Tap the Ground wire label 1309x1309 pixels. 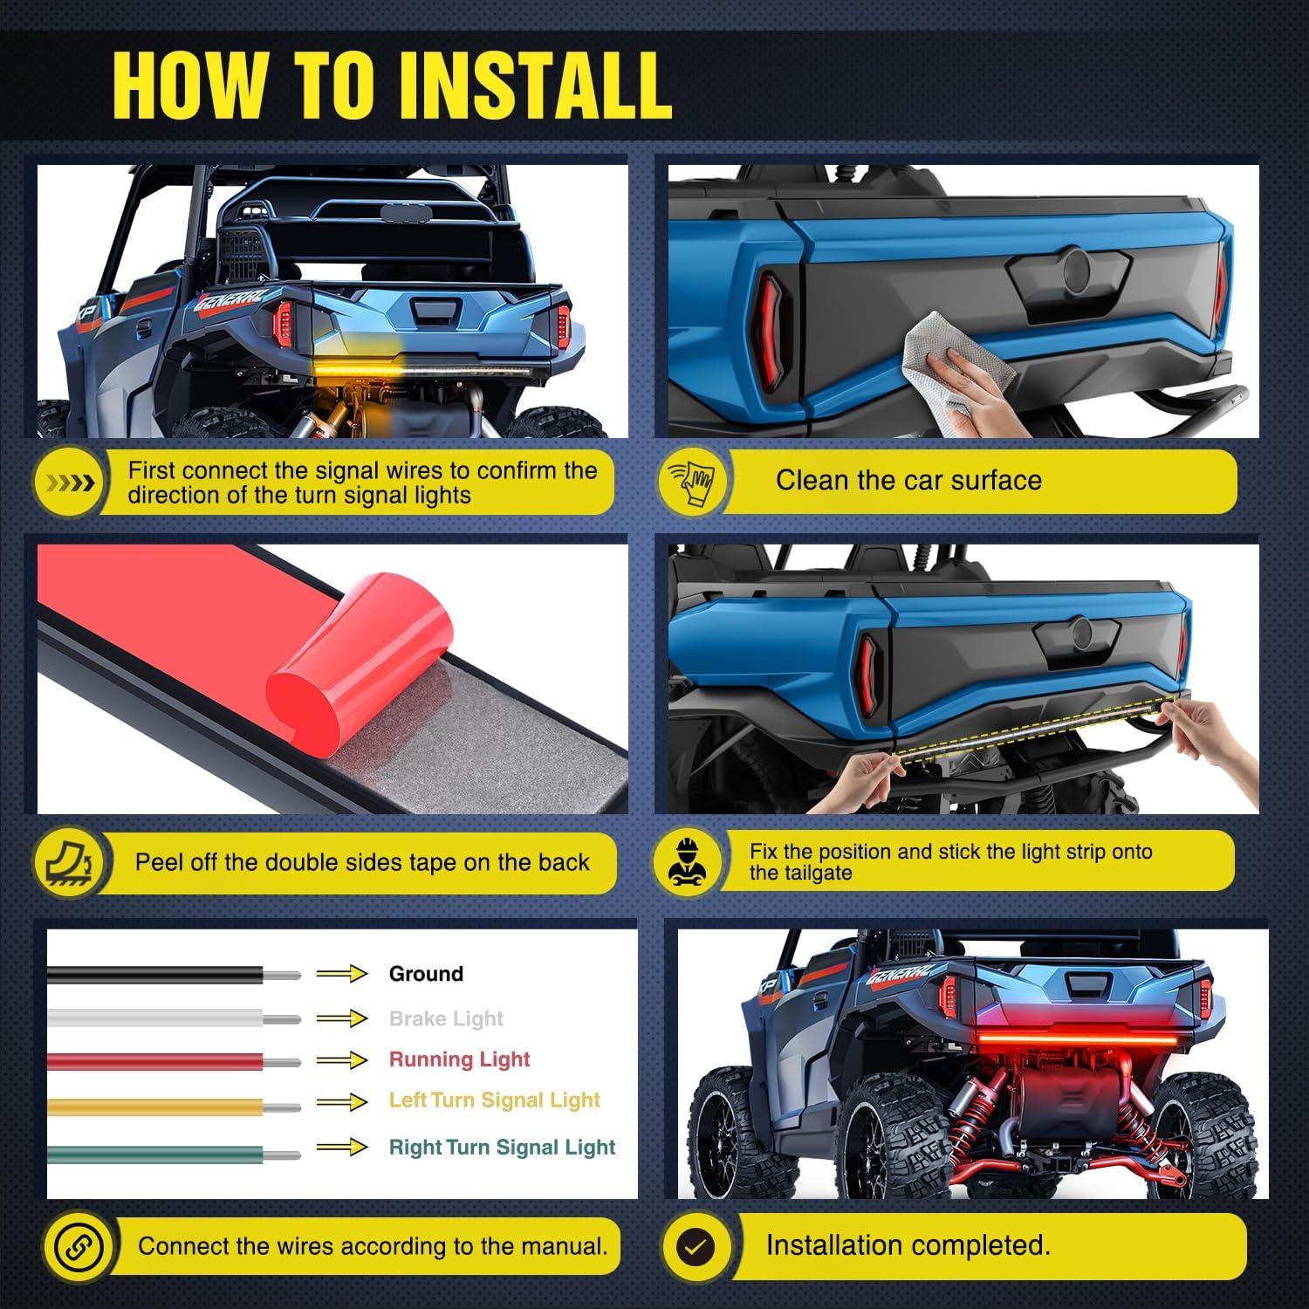[x=426, y=974]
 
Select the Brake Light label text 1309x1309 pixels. [x=446, y=1018]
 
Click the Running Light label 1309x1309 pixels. [x=459, y=1059]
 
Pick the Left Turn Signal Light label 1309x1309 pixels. [x=495, y=1100]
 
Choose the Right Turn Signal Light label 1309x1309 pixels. [x=502, y=1147]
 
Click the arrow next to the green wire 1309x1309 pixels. [x=341, y=1147]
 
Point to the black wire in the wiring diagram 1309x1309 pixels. [x=157, y=975]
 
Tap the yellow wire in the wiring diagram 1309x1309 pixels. [x=157, y=1107]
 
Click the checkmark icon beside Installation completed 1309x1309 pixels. [x=696, y=1246]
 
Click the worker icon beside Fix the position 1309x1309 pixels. [x=688, y=862]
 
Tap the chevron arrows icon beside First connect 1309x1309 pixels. [x=70, y=483]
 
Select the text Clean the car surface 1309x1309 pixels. [x=908, y=480]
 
